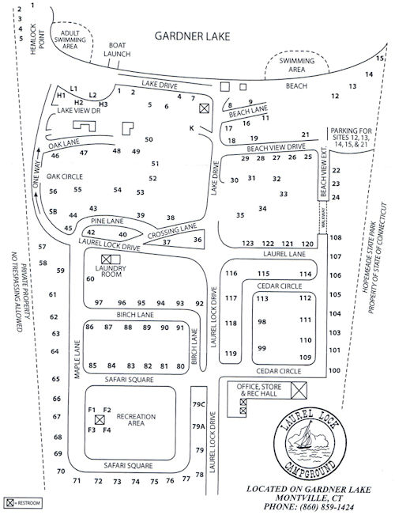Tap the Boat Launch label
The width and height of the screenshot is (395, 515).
pos(118,49)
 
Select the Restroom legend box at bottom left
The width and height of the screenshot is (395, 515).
pos(10,502)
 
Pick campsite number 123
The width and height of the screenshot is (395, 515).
pos(248,243)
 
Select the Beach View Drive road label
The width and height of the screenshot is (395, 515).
pos(276,147)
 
